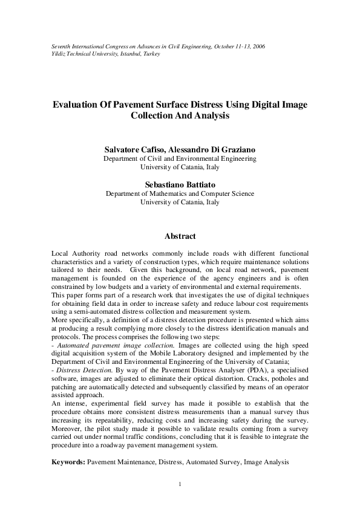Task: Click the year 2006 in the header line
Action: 257,47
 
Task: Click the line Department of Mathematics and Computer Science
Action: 180,194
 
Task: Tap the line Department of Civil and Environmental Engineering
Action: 180,158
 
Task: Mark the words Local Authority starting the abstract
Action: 74,252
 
